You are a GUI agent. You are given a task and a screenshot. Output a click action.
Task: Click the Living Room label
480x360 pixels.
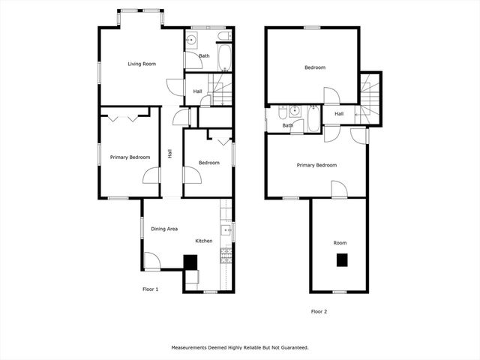[x=142, y=64]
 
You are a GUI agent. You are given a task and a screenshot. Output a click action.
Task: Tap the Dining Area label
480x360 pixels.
[x=164, y=229]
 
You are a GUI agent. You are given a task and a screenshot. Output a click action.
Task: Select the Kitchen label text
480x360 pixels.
[x=204, y=241]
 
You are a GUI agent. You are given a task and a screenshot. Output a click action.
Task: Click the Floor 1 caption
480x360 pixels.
[x=151, y=289]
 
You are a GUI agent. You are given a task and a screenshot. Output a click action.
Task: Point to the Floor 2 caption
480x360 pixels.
[x=319, y=310]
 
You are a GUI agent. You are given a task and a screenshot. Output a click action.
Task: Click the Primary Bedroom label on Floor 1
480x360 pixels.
[x=130, y=157]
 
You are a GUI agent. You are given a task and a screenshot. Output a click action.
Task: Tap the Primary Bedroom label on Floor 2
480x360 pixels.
[x=316, y=165]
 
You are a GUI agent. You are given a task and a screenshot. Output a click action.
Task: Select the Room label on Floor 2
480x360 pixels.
[x=340, y=243]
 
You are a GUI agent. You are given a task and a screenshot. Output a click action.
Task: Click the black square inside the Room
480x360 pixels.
[x=342, y=260]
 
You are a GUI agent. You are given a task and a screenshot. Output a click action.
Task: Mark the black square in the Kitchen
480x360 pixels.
[x=191, y=261]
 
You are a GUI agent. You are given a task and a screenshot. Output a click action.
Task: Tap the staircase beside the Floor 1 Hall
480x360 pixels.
[x=222, y=91]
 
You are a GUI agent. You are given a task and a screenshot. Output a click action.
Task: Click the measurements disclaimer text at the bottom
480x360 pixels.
[x=240, y=348]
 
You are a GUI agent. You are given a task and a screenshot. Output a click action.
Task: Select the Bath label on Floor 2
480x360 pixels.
[x=288, y=125]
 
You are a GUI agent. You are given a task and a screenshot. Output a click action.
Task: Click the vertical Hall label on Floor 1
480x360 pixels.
[x=170, y=154]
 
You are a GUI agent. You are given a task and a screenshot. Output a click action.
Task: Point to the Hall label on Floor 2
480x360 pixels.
[x=339, y=114]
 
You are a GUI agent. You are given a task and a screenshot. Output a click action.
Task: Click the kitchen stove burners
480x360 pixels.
[x=224, y=255]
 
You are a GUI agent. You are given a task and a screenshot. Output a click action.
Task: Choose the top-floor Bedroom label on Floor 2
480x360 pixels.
[x=315, y=68]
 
